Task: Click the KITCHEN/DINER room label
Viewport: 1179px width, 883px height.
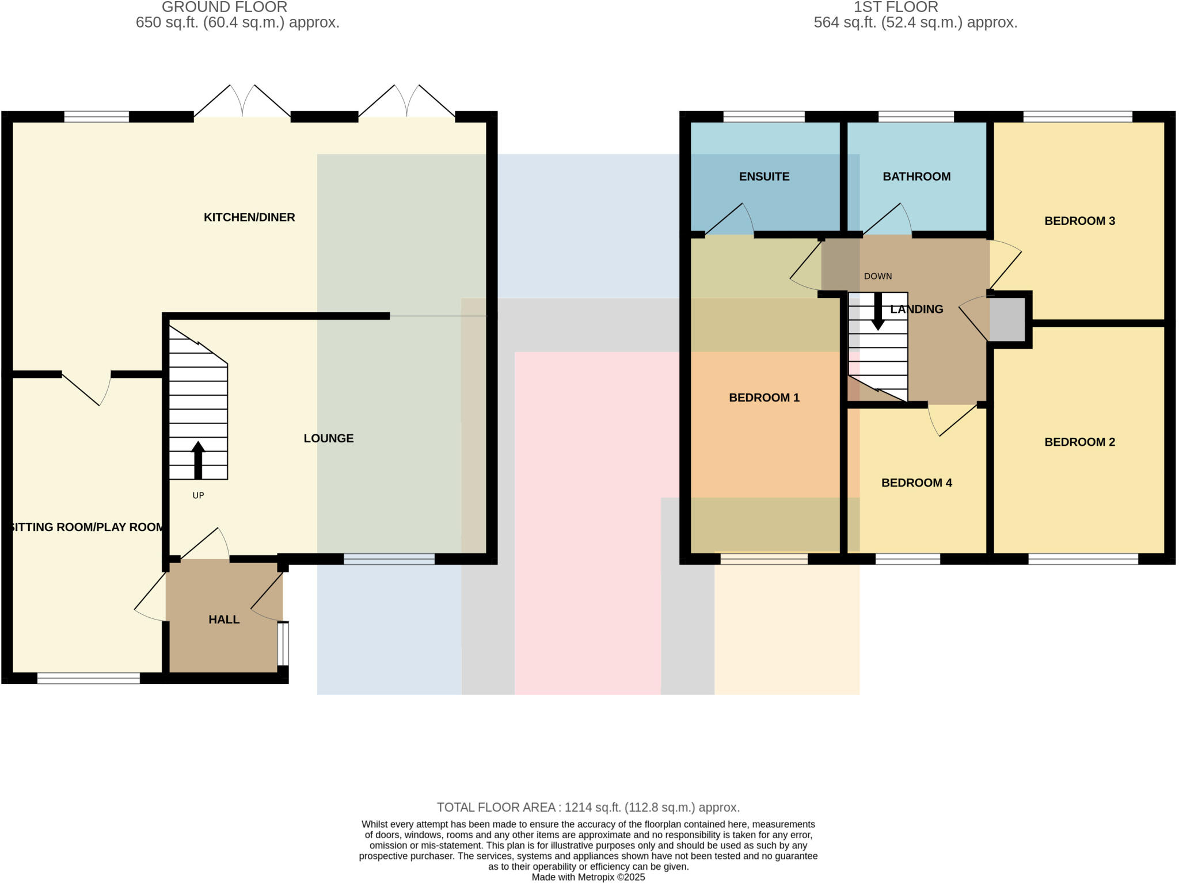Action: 249,217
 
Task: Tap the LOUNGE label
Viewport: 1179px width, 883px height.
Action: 328,438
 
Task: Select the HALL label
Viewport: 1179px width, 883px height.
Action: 224,620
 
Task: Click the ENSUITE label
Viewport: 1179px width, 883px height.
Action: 764,177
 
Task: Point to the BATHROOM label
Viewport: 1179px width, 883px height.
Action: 916,177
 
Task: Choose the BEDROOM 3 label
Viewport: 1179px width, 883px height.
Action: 1079,221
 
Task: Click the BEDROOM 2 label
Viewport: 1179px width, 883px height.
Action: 1079,442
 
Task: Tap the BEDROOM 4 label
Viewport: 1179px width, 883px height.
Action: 916,483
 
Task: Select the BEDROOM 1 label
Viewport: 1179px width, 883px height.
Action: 764,397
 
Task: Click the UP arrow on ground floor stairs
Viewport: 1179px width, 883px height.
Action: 198,460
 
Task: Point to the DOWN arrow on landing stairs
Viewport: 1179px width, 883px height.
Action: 877,311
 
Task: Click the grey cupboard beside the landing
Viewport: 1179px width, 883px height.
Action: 1007,319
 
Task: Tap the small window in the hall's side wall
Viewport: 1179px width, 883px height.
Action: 283,644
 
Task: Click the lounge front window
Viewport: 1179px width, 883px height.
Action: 389,559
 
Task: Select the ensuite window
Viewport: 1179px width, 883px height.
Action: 763,117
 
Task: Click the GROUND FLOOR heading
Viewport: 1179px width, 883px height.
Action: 225,7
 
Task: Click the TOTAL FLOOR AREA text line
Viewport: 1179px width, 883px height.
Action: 588,807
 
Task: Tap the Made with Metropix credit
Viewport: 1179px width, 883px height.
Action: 588,877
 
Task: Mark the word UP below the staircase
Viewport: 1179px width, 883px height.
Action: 198,495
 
